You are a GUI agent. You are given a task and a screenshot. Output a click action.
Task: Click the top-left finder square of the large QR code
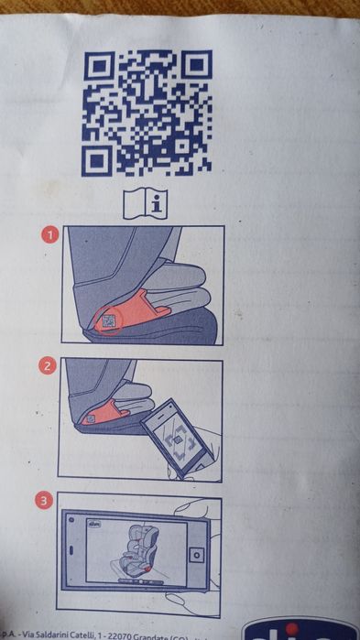[x=100, y=68]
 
